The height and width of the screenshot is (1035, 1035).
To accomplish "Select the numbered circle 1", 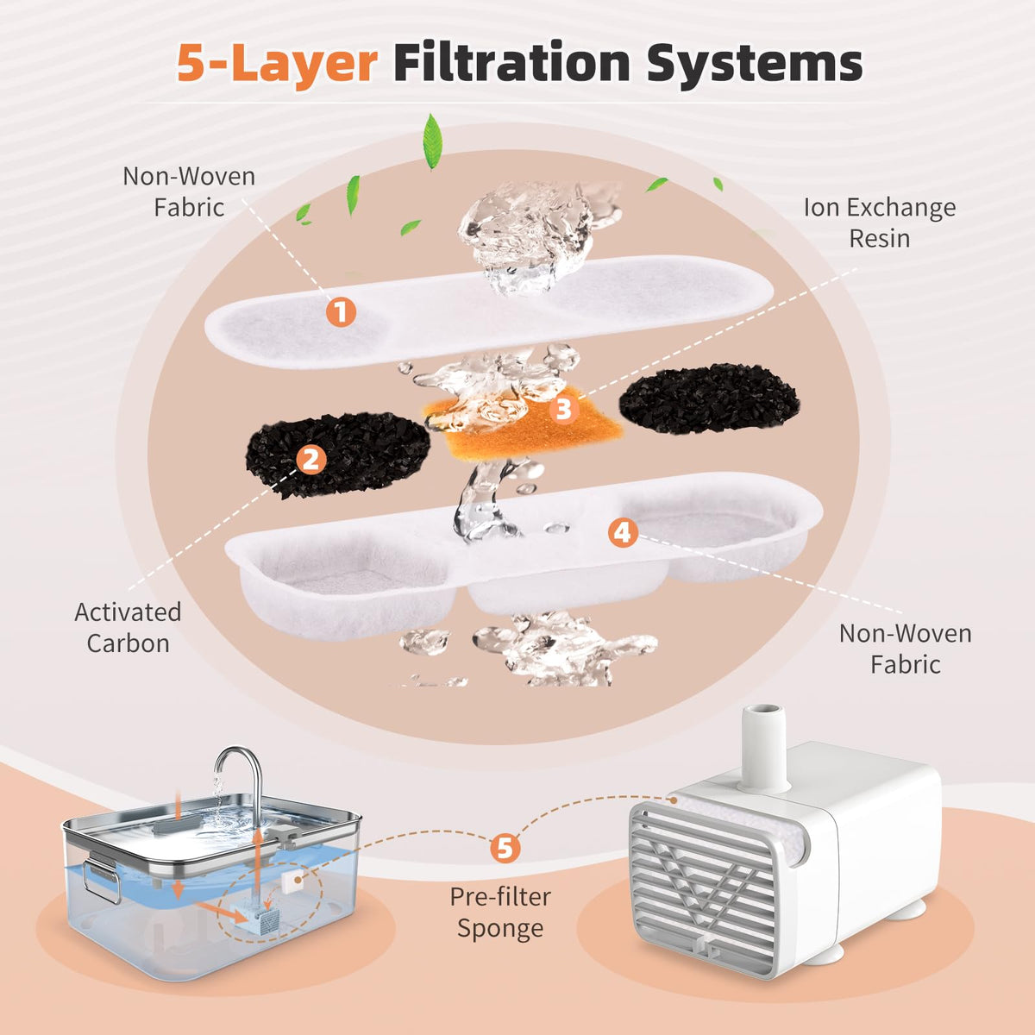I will pyautogui.click(x=342, y=311).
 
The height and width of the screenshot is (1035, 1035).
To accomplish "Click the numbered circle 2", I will pyautogui.click(x=311, y=459).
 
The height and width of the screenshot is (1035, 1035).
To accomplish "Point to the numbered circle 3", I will pyautogui.click(x=563, y=408).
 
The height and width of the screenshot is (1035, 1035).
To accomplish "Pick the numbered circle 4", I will pyautogui.click(x=623, y=533).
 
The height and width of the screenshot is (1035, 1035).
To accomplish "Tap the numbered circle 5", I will pyautogui.click(x=505, y=848).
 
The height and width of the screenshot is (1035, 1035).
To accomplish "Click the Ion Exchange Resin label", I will pyautogui.click(x=880, y=223).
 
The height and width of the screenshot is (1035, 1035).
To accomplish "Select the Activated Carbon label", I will pyautogui.click(x=128, y=627).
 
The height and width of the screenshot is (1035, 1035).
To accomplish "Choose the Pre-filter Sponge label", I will pyautogui.click(x=500, y=913).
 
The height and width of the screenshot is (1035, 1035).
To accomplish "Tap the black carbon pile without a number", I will pyautogui.click(x=709, y=398).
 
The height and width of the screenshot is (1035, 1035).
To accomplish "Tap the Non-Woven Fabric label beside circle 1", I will pyautogui.click(x=189, y=191).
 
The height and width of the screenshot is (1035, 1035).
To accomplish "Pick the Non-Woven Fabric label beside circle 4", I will pyautogui.click(x=905, y=649).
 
